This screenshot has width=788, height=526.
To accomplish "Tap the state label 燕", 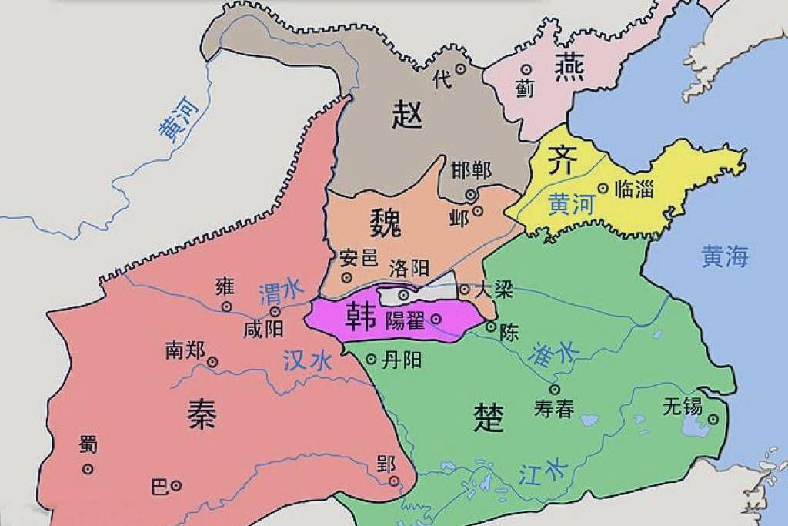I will (569, 68).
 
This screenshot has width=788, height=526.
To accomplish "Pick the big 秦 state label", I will (202, 414).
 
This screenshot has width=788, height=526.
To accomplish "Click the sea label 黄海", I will (724, 256).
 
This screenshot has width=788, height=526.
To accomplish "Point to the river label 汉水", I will (307, 361).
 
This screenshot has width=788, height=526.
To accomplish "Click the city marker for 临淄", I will (603, 187).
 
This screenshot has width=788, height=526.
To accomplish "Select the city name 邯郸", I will (471, 170).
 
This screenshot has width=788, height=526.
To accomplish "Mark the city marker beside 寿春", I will (554, 390).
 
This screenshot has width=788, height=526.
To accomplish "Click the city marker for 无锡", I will (713, 420).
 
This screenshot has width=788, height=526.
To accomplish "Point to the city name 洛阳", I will (409, 269).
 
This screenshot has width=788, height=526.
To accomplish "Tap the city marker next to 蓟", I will (526, 69).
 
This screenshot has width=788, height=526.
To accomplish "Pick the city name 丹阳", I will (402, 359).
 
